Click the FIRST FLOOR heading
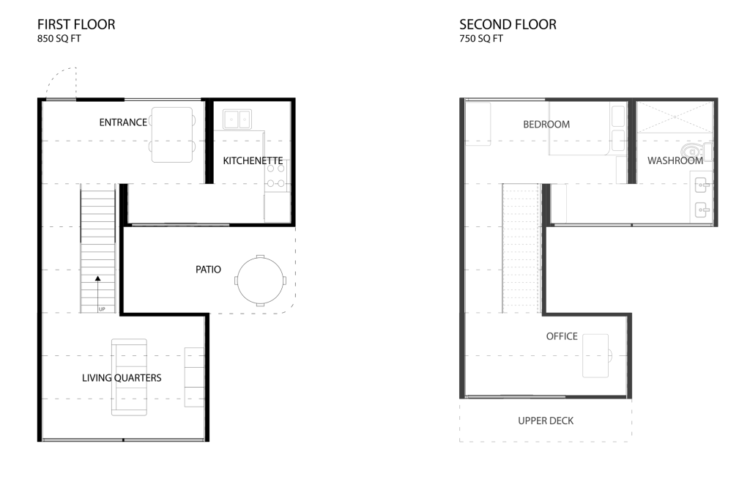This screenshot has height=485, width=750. [76, 24]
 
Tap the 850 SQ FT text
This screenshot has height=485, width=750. [59, 39]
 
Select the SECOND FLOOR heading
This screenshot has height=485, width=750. [508, 24]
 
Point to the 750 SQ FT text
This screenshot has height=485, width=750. [481, 39]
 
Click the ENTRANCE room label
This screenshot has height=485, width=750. [123, 122]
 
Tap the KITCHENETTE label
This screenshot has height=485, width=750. [253, 160]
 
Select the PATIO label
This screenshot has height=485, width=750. [208, 270]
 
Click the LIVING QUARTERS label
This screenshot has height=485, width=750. [122, 378]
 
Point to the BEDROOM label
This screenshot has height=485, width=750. [546, 125]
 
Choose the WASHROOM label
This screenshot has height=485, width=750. [675, 160]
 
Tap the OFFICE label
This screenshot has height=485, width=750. [562, 336]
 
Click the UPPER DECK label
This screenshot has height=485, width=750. [546, 421]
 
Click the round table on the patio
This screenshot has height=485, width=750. [260, 281]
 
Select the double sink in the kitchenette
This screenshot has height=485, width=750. [237, 119]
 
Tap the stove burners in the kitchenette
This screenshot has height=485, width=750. [276, 176]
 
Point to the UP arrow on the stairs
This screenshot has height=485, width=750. [98, 293]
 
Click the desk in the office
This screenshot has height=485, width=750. [595, 356]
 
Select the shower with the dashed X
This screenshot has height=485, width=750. [675, 116]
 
